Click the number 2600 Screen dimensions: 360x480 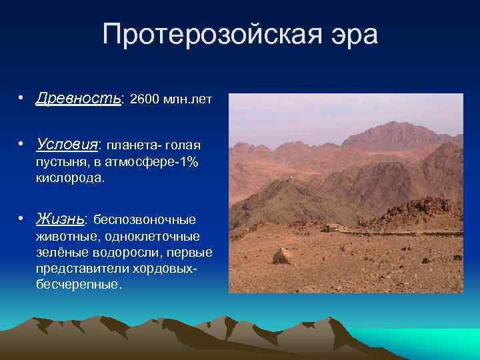coord(145,100)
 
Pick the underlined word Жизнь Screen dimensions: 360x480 coord(61,219)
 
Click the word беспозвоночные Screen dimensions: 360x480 coord(145,220)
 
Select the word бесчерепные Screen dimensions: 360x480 coord(79,284)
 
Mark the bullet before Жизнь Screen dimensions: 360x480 coord(22,219)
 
